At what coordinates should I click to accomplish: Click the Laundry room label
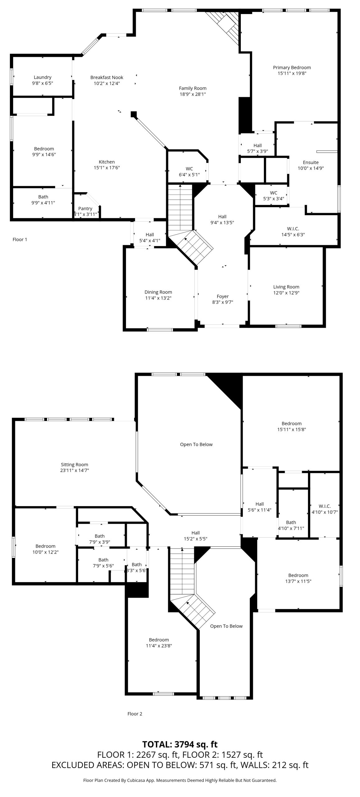(43, 77)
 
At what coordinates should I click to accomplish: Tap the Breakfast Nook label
(107, 78)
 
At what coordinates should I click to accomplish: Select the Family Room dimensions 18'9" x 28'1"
(193, 94)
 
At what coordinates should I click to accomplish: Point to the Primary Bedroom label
(292, 68)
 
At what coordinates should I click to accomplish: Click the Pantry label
(85, 209)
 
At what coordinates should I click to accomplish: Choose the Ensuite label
(311, 163)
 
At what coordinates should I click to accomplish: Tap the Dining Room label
(158, 292)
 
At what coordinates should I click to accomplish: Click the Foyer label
(223, 296)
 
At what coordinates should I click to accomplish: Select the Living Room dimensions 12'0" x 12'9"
(286, 293)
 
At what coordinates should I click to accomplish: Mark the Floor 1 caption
(20, 239)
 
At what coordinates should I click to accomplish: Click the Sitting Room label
(74, 465)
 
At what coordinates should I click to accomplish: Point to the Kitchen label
(107, 162)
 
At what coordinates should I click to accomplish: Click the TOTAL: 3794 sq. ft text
(180, 744)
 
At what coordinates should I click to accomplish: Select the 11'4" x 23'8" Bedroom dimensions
(159, 646)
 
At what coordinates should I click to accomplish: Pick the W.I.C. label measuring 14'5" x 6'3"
(293, 229)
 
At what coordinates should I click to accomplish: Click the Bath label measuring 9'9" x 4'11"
(43, 197)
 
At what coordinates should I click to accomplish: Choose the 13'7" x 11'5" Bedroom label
(298, 575)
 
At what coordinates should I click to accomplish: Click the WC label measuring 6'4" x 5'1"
(189, 169)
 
